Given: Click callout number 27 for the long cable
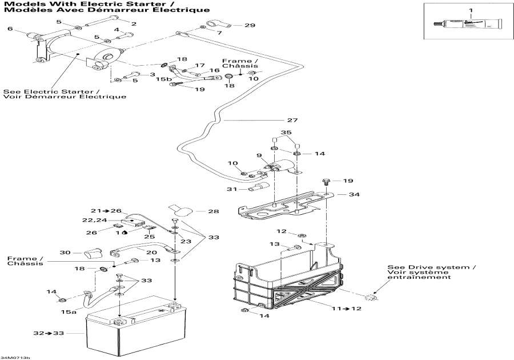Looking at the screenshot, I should click(x=292, y=121).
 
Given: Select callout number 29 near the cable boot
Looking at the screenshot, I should click(x=250, y=25).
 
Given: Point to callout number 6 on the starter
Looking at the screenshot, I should click(x=10, y=29).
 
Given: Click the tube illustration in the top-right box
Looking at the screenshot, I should click(x=469, y=26).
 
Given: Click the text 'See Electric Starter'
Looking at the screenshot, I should click(x=51, y=91).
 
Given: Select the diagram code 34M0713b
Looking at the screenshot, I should click(x=16, y=357).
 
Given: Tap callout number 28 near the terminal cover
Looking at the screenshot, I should click(x=213, y=212).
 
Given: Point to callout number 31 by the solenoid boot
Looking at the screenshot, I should click(x=231, y=190).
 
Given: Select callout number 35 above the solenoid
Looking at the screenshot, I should click(x=287, y=132).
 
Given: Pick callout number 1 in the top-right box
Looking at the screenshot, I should click(x=471, y=10).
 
